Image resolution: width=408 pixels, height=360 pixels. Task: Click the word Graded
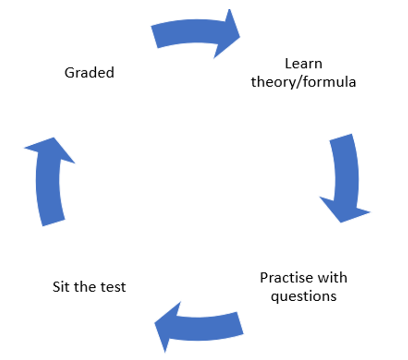pos(89,73)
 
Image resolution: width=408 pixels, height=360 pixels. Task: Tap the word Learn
pos(304,64)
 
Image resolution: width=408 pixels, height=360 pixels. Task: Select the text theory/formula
pos(304,82)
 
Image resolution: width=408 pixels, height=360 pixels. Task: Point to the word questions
pos(304,296)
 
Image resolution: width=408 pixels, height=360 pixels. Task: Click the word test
pos(113,287)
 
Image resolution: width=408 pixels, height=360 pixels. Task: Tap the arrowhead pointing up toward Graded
pos(49,150)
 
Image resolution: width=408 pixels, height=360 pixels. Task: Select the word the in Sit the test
pos(87,287)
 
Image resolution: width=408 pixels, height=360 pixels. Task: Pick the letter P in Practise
pos(264,278)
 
